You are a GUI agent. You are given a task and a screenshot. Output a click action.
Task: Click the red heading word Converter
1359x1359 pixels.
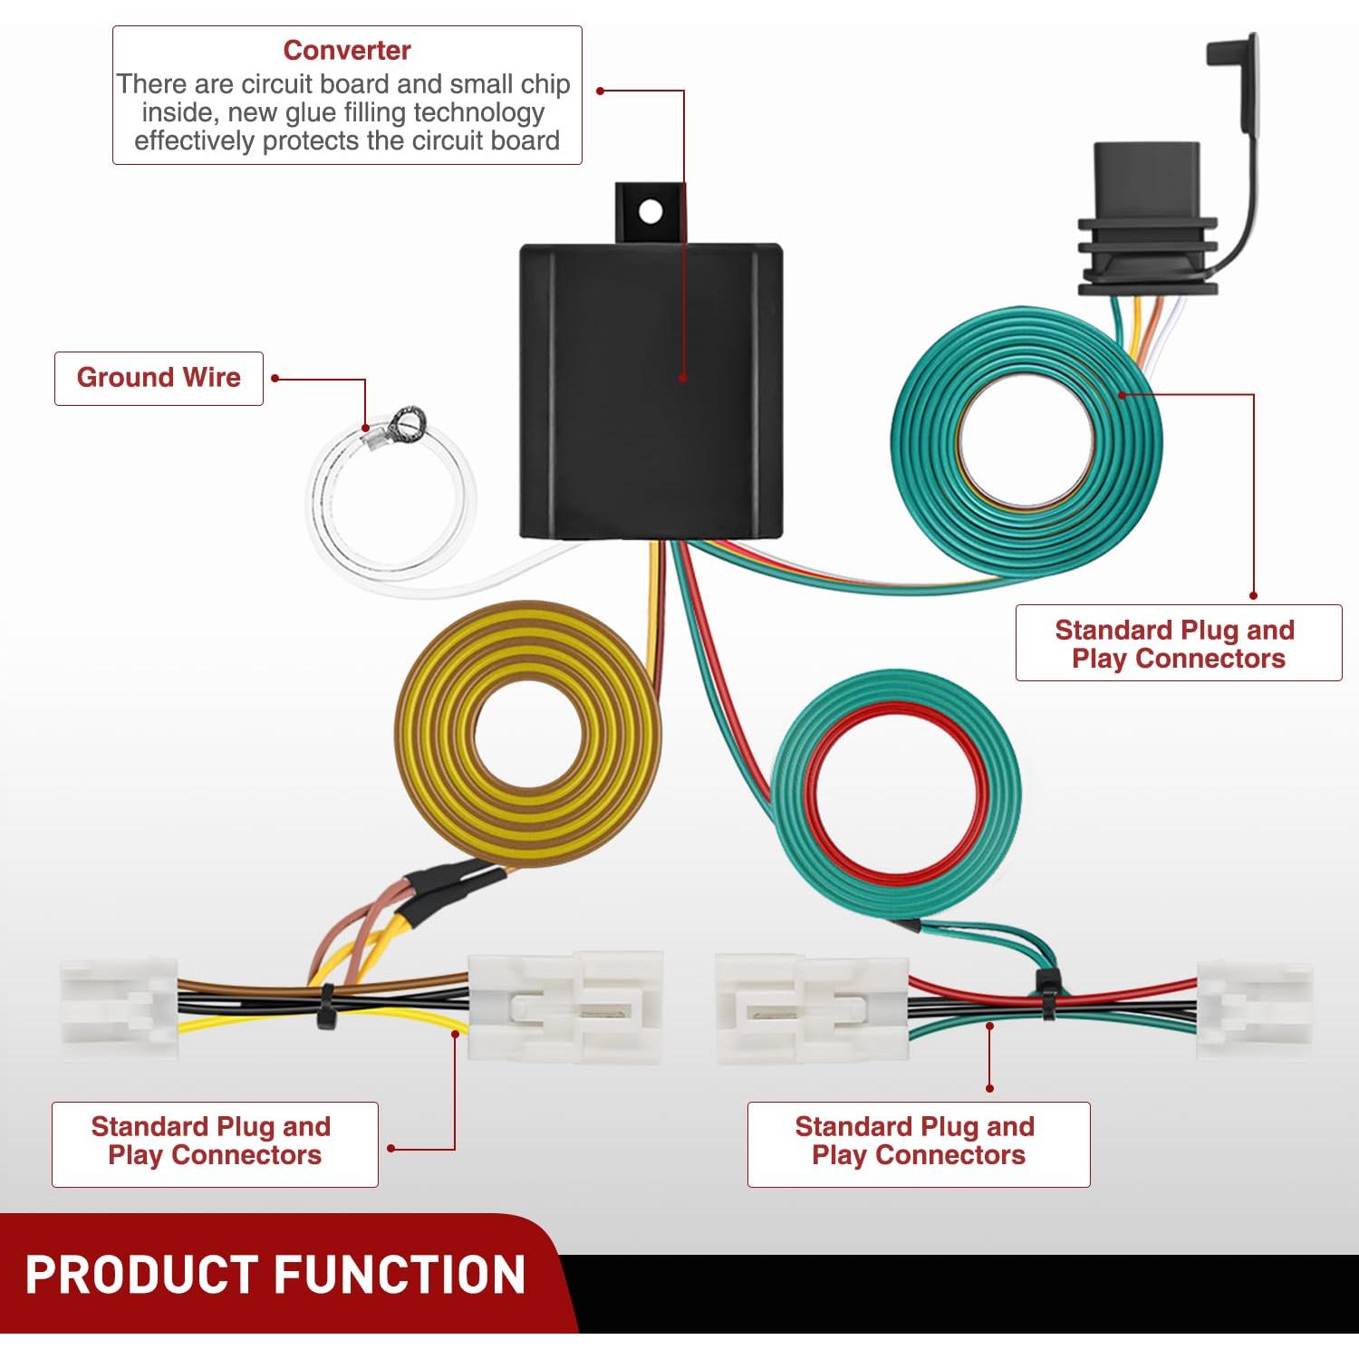click(x=346, y=51)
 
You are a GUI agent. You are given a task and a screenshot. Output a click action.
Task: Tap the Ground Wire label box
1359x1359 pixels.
click(x=159, y=378)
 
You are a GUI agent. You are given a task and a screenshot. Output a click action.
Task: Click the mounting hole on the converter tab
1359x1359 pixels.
click(x=651, y=212)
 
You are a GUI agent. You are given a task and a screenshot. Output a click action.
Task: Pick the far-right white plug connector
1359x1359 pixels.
click(x=1255, y=1010)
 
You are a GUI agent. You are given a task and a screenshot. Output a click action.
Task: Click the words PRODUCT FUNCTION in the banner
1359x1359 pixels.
click(x=275, y=1275)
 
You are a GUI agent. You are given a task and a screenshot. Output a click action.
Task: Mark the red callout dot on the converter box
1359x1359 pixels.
click(x=683, y=379)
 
